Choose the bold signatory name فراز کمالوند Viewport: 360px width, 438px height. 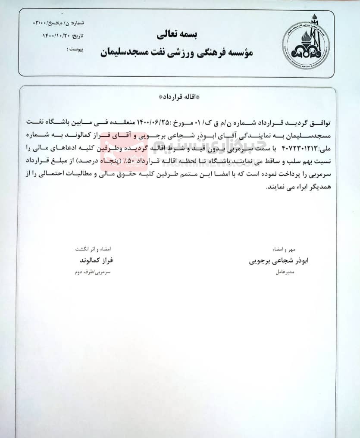[x=94, y=261]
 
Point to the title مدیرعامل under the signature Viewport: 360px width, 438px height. [x=285, y=272]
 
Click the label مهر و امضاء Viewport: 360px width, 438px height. [x=285, y=249]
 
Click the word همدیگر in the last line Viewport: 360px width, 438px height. [x=317, y=188]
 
